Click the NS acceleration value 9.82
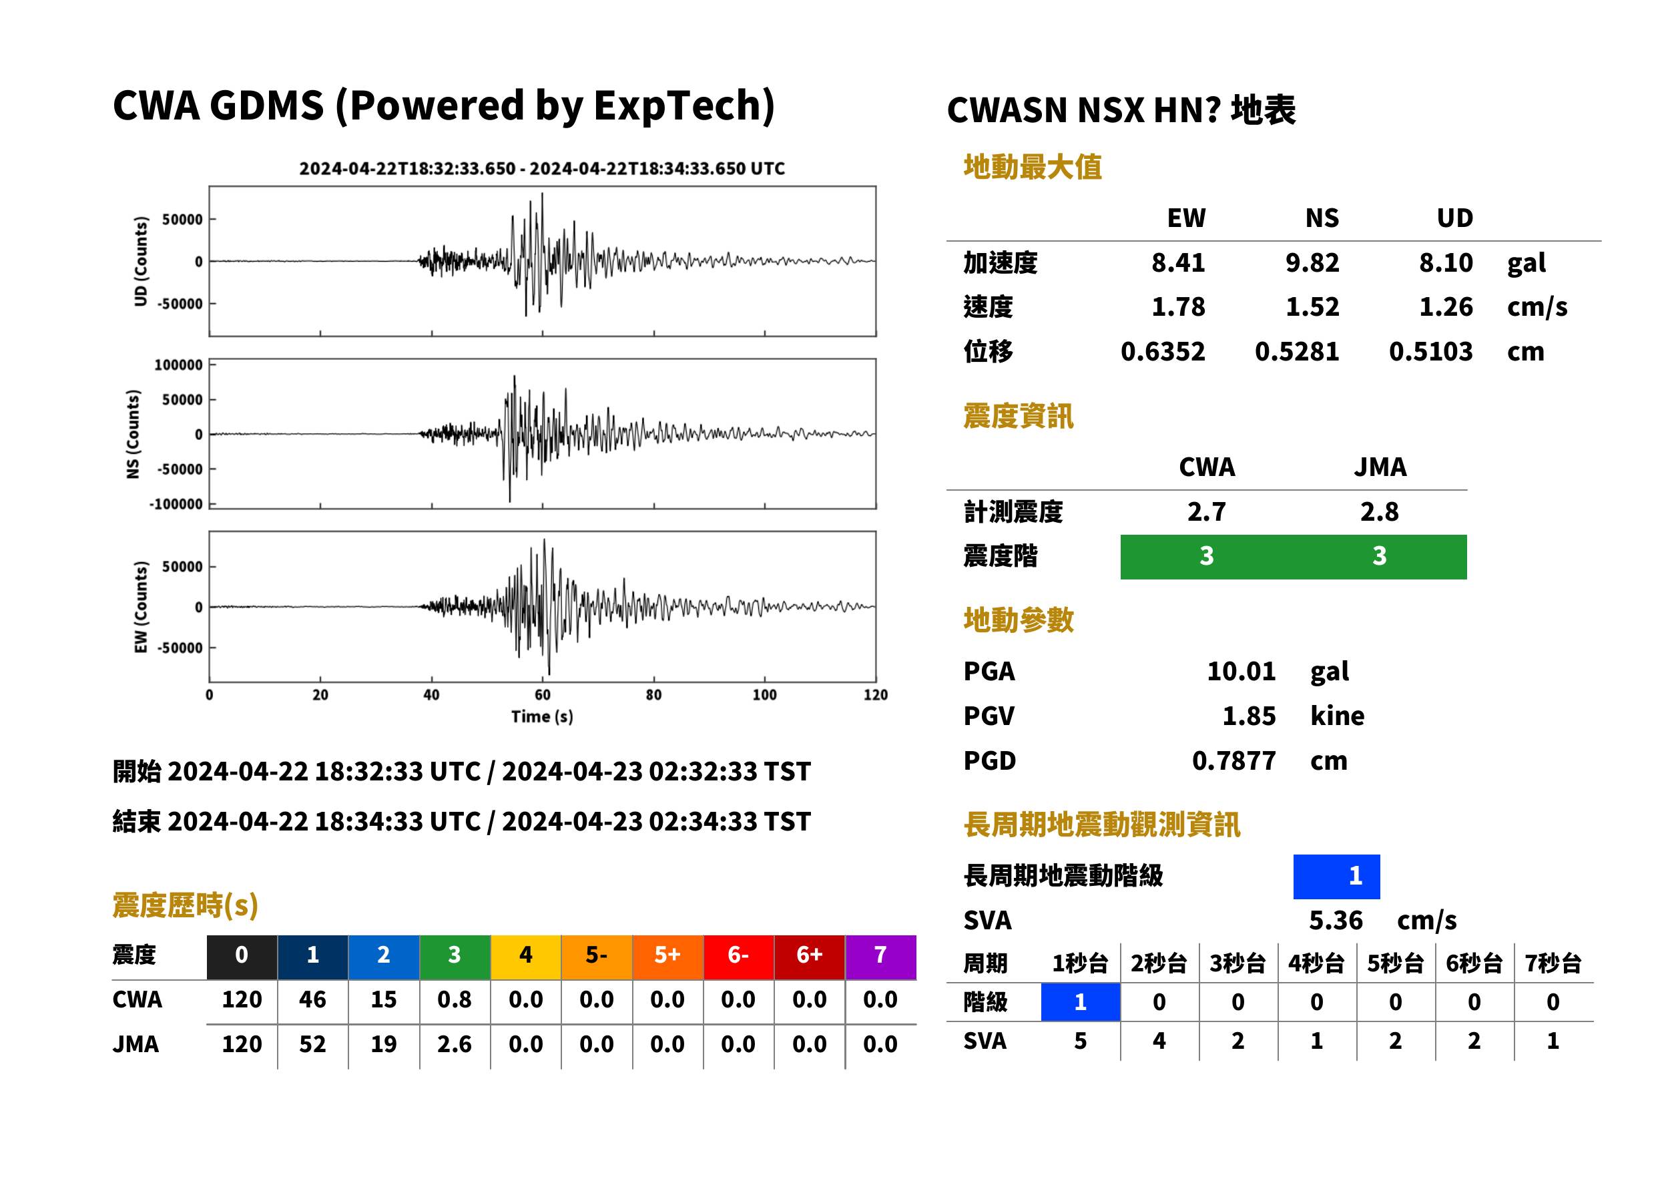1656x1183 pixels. pos(1312,263)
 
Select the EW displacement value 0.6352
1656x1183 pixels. pos(1162,352)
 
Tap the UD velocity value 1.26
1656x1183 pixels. pos(1446,307)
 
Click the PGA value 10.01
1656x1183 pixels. pos(1241,671)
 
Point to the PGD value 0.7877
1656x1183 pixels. pos(1233,760)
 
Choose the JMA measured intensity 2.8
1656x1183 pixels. pos(1379,512)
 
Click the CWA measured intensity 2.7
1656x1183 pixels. pos(1207,512)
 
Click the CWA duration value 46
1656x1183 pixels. pos(312,999)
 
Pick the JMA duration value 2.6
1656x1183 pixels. pos(455,1045)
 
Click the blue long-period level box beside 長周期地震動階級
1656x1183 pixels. pos(1336,877)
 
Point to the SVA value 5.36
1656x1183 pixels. pos(1336,921)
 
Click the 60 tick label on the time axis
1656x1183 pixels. pos(543,695)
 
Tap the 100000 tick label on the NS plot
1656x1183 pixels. pos(178,365)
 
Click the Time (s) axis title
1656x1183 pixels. pos(542,717)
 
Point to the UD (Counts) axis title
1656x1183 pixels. pos(141,261)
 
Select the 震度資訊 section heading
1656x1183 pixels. pos(1018,417)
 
